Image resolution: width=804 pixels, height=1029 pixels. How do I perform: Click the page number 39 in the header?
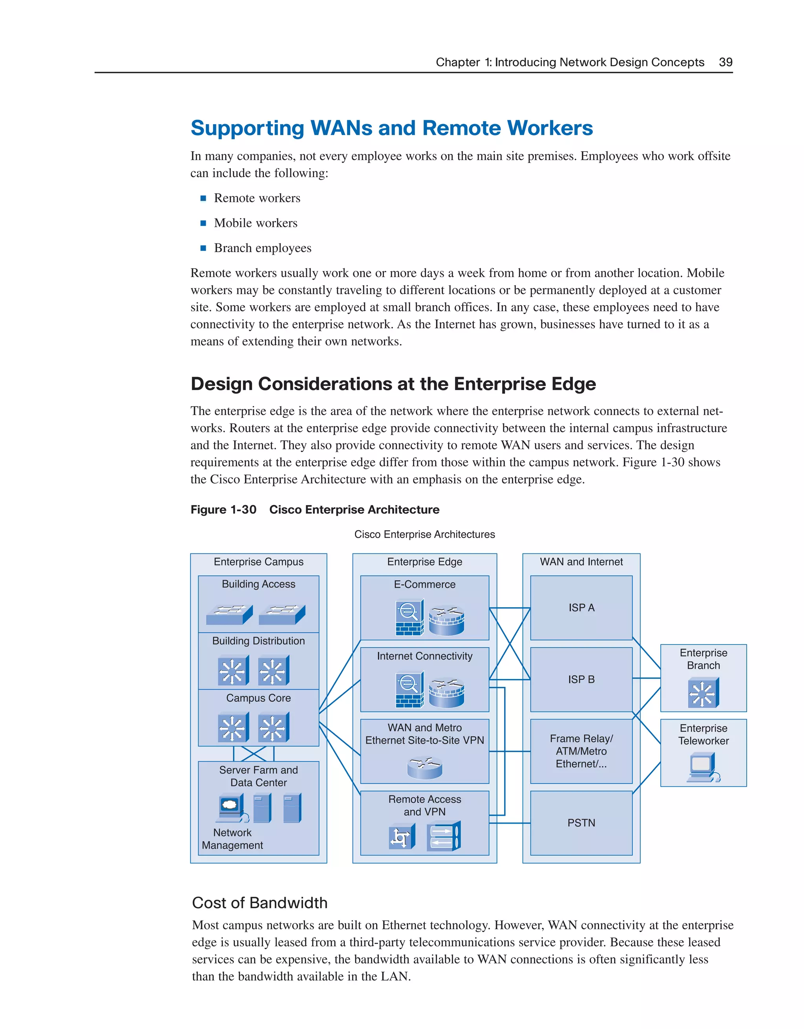pyautogui.click(x=725, y=62)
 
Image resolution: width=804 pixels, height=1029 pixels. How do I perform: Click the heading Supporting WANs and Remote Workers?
pyautogui.click(x=391, y=128)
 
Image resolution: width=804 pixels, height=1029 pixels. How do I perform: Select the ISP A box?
pyautogui.click(x=581, y=608)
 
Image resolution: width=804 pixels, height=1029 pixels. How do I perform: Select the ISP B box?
pyautogui.click(x=581, y=679)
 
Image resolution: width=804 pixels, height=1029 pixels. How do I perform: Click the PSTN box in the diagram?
pyautogui.click(x=581, y=823)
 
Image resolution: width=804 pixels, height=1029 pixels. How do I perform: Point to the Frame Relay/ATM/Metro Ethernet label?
pyautogui.click(x=581, y=751)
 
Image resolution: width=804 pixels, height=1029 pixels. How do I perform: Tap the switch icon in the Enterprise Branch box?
pyautogui.click(x=703, y=692)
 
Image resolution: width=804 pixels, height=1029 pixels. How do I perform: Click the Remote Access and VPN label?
pyautogui.click(x=424, y=805)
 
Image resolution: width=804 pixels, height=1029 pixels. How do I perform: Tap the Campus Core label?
pyautogui.click(x=258, y=698)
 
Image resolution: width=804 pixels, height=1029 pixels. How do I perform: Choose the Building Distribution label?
pyautogui.click(x=258, y=641)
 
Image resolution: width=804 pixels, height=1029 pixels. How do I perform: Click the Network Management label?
pyautogui.click(x=232, y=839)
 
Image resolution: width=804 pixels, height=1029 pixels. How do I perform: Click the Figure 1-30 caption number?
pyautogui.click(x=223, y=510)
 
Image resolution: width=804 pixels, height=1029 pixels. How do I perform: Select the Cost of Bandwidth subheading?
pyautogui.click(x=259, y=903)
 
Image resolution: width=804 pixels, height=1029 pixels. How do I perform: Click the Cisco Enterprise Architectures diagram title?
pyautogui.click(x=424, y=534)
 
